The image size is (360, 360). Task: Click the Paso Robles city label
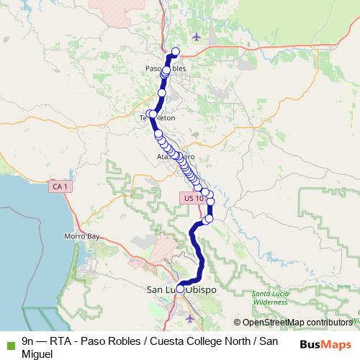click(166, 68)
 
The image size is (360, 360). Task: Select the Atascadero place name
click(176, 155)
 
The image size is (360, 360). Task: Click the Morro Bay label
click(81, 236)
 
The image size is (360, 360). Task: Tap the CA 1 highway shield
click(60, 186)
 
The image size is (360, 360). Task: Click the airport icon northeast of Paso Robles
click(198, 37)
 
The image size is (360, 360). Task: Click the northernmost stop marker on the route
click(175, 51)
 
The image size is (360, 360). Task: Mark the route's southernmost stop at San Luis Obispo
click(180, 289)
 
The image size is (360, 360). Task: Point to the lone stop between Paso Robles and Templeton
click(162, 93)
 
